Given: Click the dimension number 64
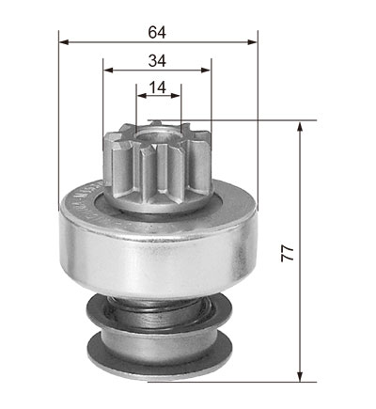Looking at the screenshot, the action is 157,33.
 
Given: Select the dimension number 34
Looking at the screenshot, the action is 157,61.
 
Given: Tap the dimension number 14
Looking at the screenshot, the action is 157,87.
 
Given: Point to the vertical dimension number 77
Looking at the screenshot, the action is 288,253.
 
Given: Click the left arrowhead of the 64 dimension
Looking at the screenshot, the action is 64,42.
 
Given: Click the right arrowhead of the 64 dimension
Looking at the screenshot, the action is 253,42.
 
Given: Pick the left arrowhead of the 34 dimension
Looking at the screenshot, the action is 108,71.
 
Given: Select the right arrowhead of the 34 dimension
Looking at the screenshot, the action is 206,71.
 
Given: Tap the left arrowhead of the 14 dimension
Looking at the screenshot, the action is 141,96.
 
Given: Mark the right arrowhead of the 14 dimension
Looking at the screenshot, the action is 176,96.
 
